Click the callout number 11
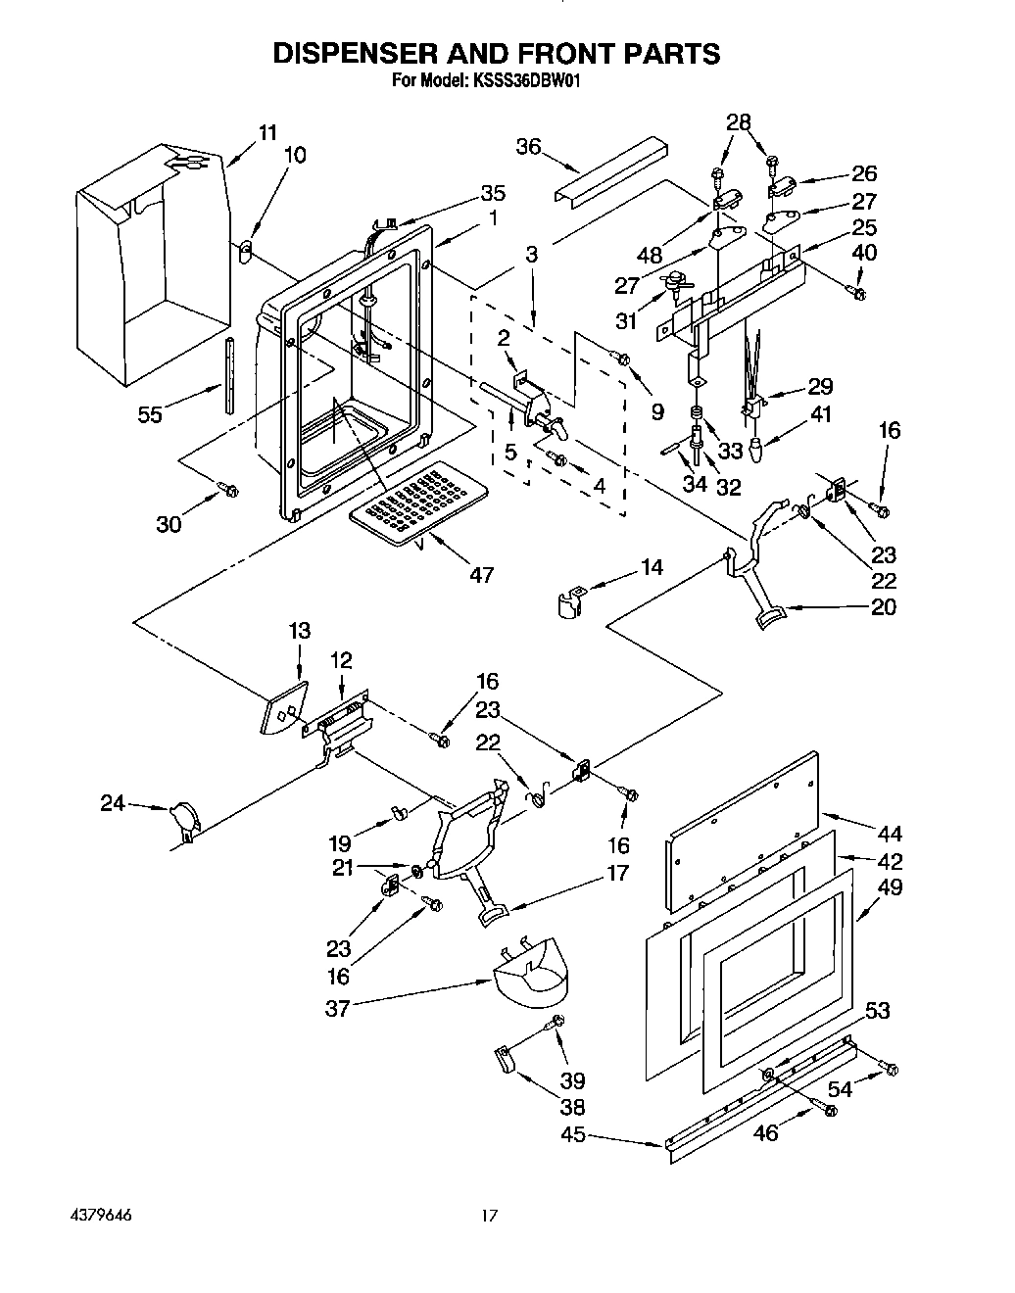(267, 132)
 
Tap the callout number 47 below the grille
(481, 575)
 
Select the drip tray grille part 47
(412, 501)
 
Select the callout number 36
(528, 146)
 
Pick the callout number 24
(113, 802)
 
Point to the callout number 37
(336, 1007)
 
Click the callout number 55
(150, 414)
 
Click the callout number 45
(573, 1134)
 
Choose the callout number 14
(651, 567)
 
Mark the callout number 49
(891, 887)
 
